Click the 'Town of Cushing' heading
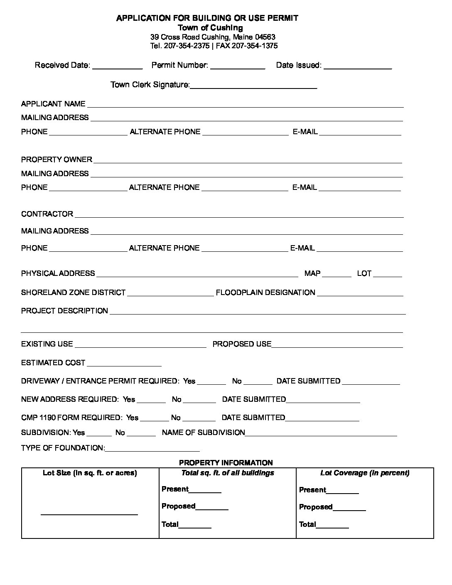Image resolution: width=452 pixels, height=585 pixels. point(210,28)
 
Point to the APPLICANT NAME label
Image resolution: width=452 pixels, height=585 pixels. point(53,104)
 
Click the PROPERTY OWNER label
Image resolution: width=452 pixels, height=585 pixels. point(56,160)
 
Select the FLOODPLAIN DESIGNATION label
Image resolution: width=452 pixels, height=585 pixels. point(265,292)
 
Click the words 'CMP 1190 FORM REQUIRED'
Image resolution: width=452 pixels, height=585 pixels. point(71,418)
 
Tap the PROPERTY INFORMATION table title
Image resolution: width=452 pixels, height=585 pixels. point(226,463)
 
